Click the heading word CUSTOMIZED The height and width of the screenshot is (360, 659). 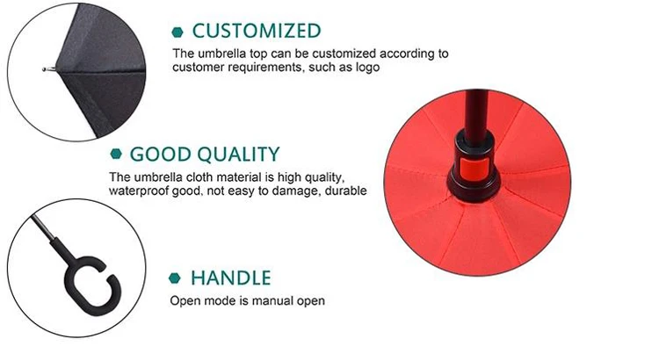coord(257,31)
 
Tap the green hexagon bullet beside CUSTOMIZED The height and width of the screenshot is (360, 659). coord(177,32)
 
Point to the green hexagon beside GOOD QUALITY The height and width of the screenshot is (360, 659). coord(116,155)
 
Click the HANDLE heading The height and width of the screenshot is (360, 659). coord(231,278)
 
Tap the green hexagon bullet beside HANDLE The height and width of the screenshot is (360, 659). coord(175,278)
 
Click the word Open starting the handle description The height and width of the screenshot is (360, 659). coord(184,301)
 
